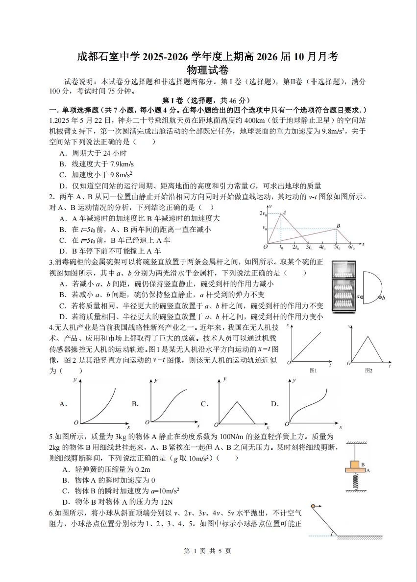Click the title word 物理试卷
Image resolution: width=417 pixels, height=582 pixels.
[x=208, y=70]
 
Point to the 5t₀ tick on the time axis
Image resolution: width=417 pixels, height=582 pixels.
[x=337, y=248]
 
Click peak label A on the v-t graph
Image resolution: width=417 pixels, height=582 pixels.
[x=284, y=212]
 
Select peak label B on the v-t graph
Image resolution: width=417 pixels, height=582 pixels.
[x=338, y=225]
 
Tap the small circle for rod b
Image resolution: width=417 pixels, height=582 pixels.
[x=380, y=297]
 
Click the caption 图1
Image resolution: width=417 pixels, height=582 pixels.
[x=313, y=371]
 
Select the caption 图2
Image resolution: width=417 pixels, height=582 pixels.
[x=368, y=371]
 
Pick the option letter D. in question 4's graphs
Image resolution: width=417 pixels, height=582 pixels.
[x=275, y=404]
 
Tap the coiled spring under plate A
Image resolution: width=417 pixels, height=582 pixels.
[x=356, y=482]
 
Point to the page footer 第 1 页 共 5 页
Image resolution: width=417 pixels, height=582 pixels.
[x=208, y=551]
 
